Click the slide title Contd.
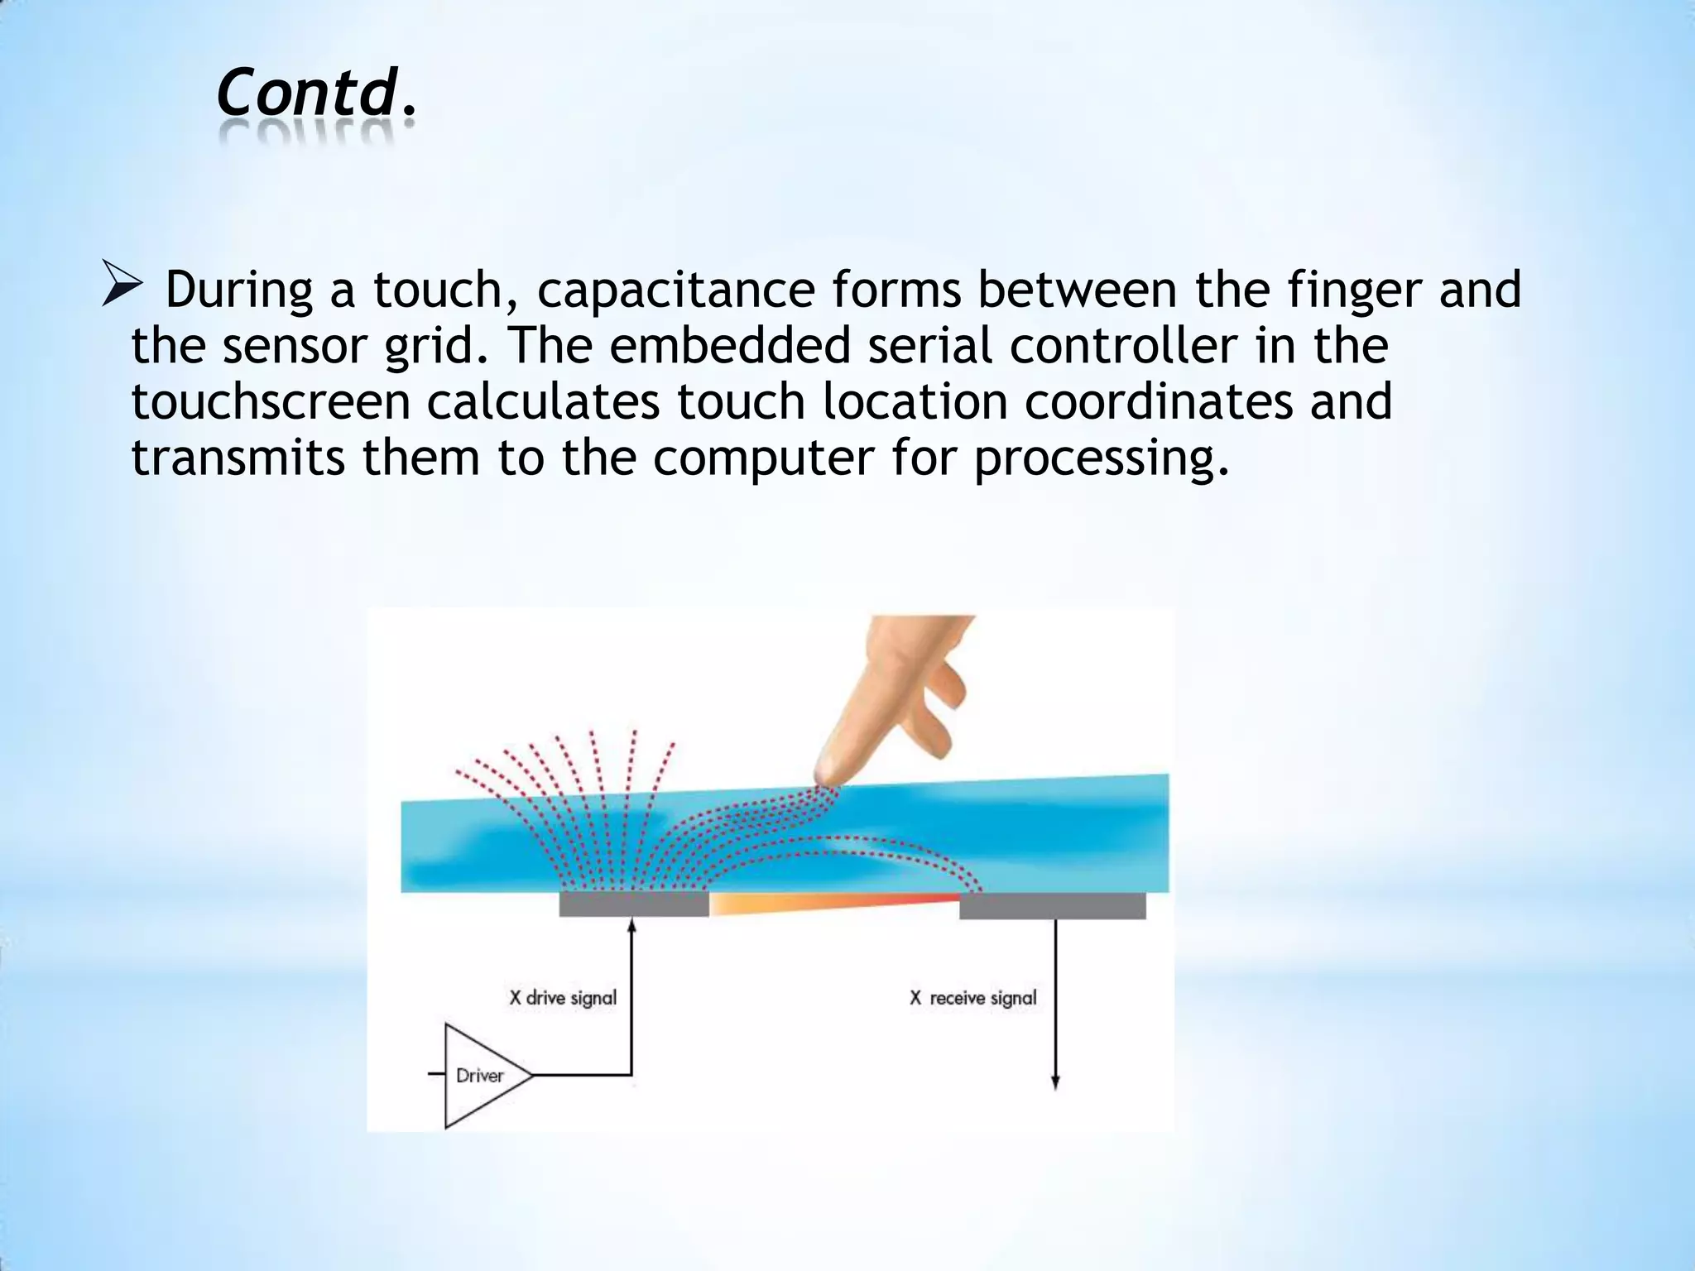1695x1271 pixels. point(315,93)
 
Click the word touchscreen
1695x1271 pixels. point(271,401)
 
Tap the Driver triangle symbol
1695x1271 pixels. point(480,1076)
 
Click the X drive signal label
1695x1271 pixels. point(563,998)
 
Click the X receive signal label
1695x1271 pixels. point(973,998)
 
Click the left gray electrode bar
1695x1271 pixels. point(634,904)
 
